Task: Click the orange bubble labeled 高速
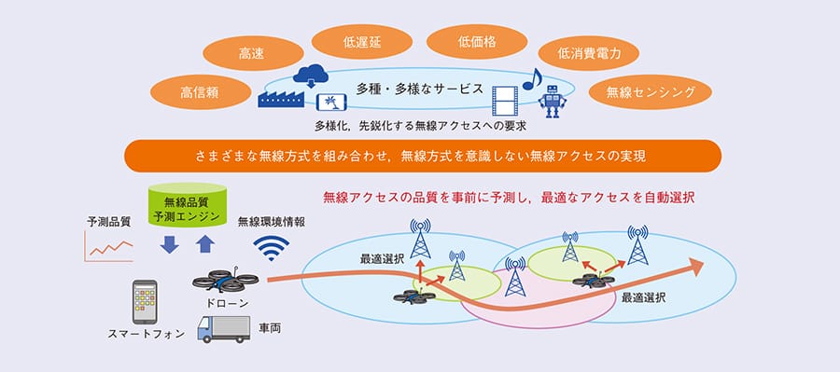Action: (x=253, y=53)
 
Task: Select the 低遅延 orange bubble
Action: (x=362, y=42)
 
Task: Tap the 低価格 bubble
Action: (x=477, y=42)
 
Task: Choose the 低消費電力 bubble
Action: (x=589, y=53)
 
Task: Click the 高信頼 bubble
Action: (x=201, y=92)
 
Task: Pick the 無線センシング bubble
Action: (x=651, y=92)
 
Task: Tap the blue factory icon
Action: (x=281, y=99)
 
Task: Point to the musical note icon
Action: (x=532, y=78)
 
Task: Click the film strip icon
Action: (x=505, y=102)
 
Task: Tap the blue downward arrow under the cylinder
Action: (x=169, y=244)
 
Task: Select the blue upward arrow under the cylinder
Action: (x=204, y=244)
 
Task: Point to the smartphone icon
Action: (x=145, y=302)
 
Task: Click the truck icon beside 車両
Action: (x=224, y=329)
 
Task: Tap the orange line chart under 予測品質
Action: (x=109, y=247)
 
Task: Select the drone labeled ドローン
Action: (x=225, y=280)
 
